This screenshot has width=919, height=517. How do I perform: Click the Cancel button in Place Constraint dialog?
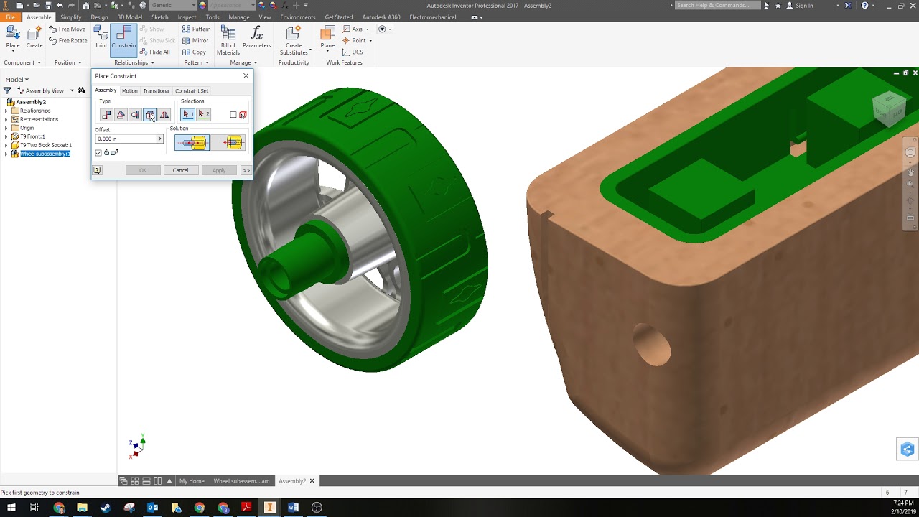pos(180,170)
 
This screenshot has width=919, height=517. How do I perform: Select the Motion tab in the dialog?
pos(129,91)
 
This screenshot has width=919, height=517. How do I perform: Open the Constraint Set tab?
pos(192,91)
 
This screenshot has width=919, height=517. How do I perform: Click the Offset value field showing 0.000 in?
pos(126,139)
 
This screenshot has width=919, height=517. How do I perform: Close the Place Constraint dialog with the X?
pos(246,76)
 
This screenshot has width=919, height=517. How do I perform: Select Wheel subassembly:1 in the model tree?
pos(45,154)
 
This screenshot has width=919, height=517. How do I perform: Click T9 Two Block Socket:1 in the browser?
pos(46,145)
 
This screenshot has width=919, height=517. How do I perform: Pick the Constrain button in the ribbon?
pos(123,38)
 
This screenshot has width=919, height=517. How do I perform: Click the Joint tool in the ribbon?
pos(101,38)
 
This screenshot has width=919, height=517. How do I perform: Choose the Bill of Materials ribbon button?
pos(228,39)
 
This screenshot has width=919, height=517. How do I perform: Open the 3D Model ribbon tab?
pos(130,17)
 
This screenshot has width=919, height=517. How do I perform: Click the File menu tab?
pos(11,17)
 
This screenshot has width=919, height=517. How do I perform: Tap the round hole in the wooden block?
pos(652,345)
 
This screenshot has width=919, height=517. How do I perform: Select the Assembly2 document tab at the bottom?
pos(292,481)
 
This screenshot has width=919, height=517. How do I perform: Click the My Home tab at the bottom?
pos(192,481)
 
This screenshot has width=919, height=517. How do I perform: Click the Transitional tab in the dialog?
pos(156,91)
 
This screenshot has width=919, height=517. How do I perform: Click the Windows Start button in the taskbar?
pos(11,508)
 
